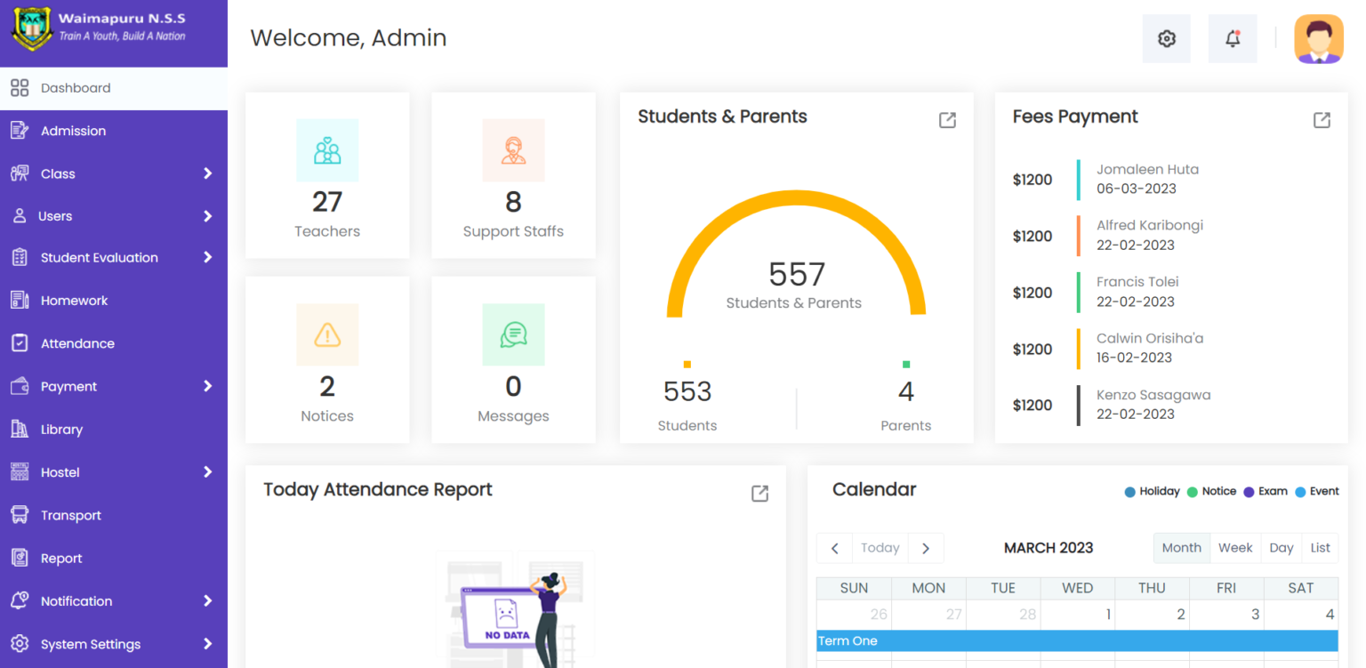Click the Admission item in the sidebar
[73, 131]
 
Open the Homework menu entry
[74, 301]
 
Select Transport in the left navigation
[70, 515]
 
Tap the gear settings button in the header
[1166, 38]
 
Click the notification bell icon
[1233, 38]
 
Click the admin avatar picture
[1319, 39]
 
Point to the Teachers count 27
[327, 202]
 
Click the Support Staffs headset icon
[513, 150]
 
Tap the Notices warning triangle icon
[327, 334]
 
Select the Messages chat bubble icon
[513, 334]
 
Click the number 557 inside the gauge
[797, 274]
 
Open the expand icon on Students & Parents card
[947, 120]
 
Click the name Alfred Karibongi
[1149, 225]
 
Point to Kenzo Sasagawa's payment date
[1135, 414]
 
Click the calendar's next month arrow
[926, 548]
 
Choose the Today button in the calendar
[880, 548]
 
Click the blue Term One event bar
[1077, 640]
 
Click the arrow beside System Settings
[207, 644]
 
